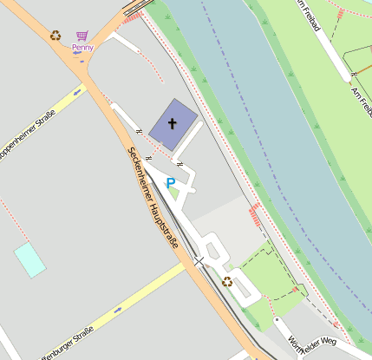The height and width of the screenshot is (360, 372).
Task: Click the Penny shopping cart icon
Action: pyautogui.click(x=82, y=36)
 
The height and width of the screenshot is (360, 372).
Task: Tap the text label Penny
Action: pyautogui.click(x=82, y=47)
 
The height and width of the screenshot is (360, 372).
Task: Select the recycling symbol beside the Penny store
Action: pyautogui.click(x=55, y=36)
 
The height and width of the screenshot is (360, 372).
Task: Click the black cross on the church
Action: pyautogui.click(x=172, y=123)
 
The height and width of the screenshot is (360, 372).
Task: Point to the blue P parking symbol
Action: pyautogui.click(x=171, y=183)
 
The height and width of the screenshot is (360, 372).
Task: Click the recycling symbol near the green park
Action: pyautogui.click(x=227, y=281)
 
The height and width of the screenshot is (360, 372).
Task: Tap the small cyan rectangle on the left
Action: pyautogui.click(x=29, y=259)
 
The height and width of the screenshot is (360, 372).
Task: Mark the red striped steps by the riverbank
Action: pyautogui.click(x=255, y=214)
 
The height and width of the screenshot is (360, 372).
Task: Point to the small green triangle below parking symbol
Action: pyautogui.click(x=173, y=194)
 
